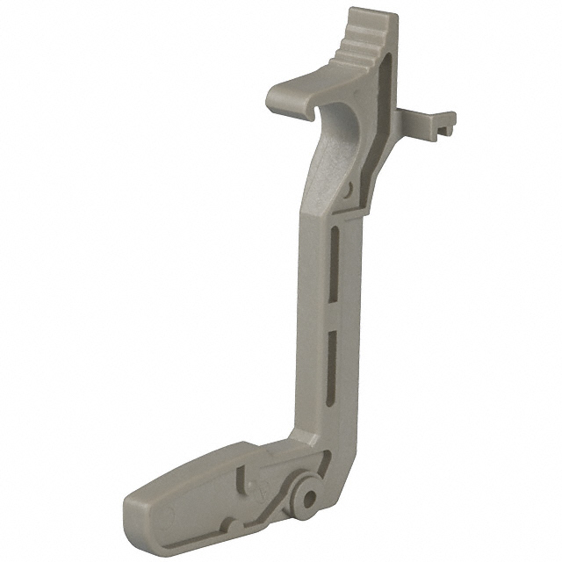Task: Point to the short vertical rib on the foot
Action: pos(240,479)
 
